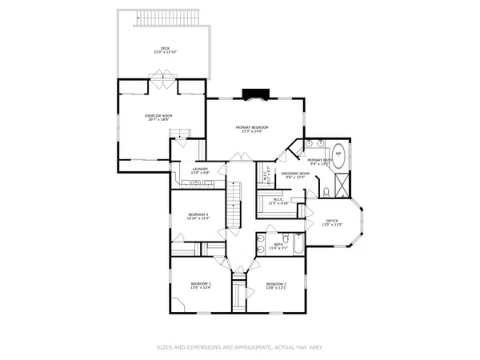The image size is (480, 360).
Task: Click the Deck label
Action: coord(165,48)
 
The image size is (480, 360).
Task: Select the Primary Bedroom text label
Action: coord(251,127)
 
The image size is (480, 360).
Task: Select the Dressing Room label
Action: coord(295,173)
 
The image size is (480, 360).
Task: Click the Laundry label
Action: coord(200,169)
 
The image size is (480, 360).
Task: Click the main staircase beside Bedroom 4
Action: coord(234,205)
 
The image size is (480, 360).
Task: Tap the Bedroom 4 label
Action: coord(198,214)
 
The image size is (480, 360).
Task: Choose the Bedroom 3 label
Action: coord(200,283)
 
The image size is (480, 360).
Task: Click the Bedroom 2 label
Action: coord(276,283)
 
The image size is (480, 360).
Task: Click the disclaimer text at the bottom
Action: coord(240,347)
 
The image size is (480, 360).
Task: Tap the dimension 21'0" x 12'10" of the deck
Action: coord(165,52)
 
